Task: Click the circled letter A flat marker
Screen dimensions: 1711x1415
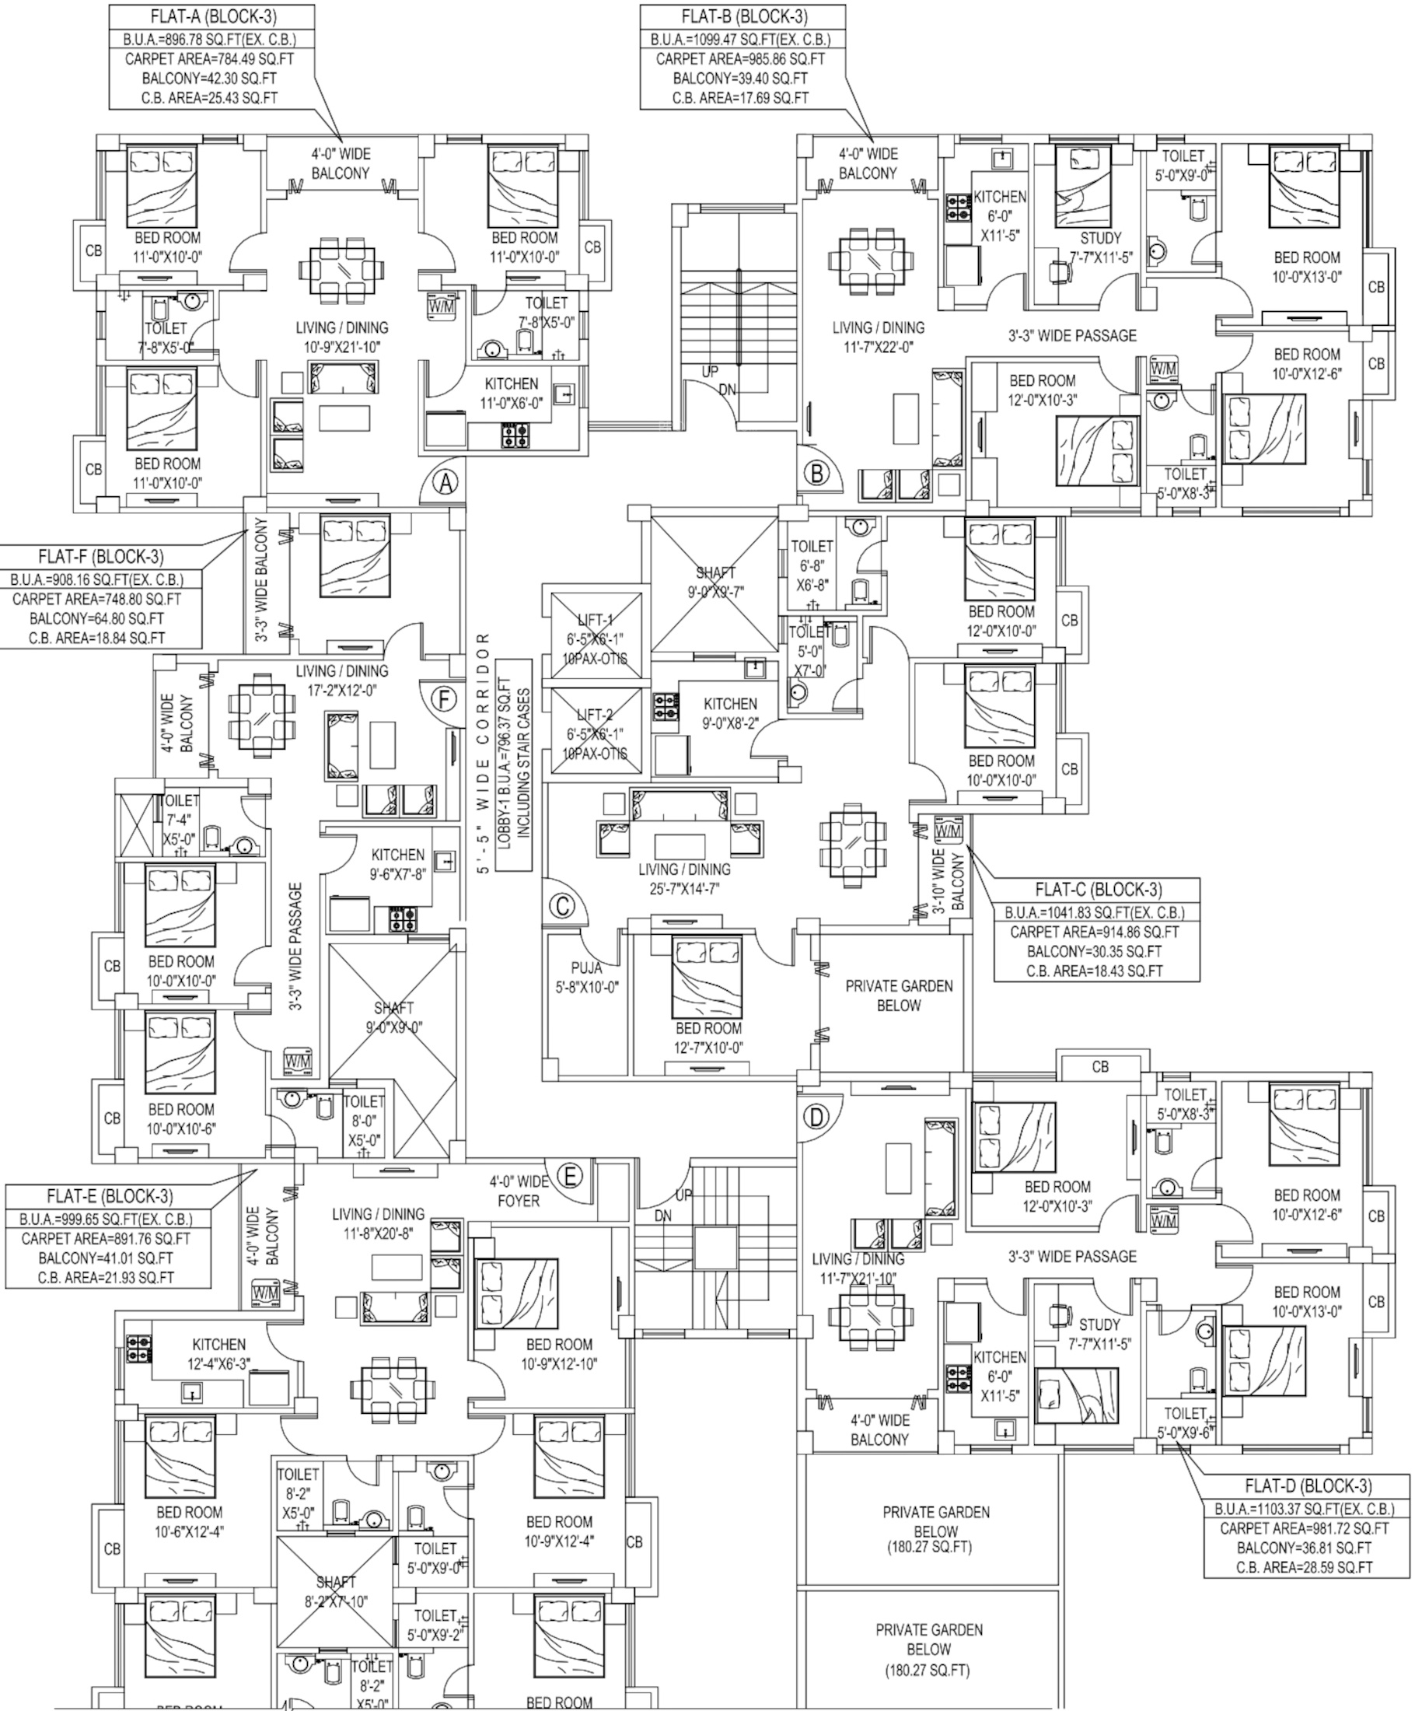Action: (x=445, y=482)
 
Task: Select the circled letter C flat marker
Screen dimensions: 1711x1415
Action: (x=562, y=906)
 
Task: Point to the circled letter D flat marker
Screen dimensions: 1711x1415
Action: (x=816, y=1116)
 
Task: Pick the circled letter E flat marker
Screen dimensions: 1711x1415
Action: (x=569, y=1176)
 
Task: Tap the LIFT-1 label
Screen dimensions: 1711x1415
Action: (x=595, y=621)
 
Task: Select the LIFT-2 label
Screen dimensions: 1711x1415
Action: (x=595, y=716)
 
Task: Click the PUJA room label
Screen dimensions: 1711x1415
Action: (x=585, y=969)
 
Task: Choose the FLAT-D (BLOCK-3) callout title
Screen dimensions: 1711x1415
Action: (x=1307, y=1485)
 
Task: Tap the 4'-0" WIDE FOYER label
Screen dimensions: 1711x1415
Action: (x=518, y=1191)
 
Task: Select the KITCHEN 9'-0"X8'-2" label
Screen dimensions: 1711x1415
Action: (x=730, y=713)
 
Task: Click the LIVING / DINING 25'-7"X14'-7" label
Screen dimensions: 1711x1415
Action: (x=684, y=879)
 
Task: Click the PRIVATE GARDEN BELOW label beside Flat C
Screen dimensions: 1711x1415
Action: (x=899, y=995)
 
